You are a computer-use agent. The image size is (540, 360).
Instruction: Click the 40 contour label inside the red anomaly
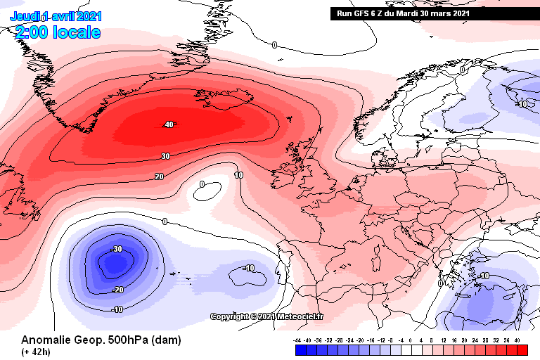168,124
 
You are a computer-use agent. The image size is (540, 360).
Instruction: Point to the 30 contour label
165,156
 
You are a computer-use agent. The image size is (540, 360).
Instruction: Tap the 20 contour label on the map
160,176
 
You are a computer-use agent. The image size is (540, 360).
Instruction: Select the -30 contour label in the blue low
117,249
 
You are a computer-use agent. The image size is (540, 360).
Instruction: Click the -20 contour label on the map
118,290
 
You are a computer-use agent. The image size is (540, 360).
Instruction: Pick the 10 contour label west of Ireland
239,175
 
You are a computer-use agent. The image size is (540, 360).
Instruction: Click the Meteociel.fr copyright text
267,316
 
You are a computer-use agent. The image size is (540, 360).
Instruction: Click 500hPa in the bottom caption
120,340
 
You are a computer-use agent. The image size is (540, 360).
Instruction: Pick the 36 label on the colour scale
507,340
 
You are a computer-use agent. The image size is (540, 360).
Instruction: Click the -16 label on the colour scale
371,340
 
